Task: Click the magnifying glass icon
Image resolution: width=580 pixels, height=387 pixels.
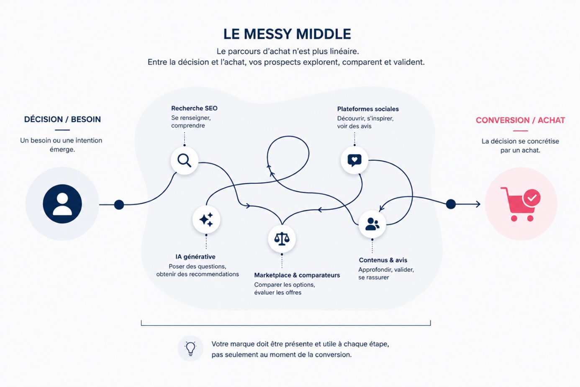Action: coord(185,160)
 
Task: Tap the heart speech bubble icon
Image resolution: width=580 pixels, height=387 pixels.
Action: coord(354,160)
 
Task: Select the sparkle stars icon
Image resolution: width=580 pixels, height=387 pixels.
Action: coord(206,219)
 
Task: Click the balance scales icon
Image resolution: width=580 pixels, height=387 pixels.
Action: coord(282,238)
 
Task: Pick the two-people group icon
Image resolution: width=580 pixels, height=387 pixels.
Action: coord(372,224)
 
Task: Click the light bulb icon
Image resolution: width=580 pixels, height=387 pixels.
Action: coord(190,348)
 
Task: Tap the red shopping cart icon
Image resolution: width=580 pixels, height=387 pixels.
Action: coord(521,204)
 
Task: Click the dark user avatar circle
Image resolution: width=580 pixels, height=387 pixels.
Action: coord(62,204)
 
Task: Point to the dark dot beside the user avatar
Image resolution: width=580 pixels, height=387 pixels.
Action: coord(119,205)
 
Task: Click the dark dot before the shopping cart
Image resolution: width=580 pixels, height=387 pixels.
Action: coord(451,204)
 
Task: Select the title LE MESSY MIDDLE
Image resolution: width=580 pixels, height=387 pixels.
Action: coord(287,34)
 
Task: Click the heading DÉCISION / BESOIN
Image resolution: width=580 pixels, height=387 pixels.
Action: coord(62,119)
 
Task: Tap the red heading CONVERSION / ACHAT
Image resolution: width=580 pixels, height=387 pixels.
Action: coord(521,120)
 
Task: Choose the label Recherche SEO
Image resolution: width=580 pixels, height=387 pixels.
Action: coord(194,108)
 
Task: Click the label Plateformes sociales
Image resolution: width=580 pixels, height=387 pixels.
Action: coord(368,109)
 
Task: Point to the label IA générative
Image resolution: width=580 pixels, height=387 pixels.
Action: coord(195,257)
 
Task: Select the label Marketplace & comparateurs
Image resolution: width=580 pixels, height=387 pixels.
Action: coord(297,275)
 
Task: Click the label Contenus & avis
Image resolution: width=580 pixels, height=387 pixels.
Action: coord(383,260)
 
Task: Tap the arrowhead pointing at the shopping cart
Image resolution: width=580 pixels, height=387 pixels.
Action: coord(478,204)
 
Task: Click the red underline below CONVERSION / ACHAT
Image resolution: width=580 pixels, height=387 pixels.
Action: coord(521,131)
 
